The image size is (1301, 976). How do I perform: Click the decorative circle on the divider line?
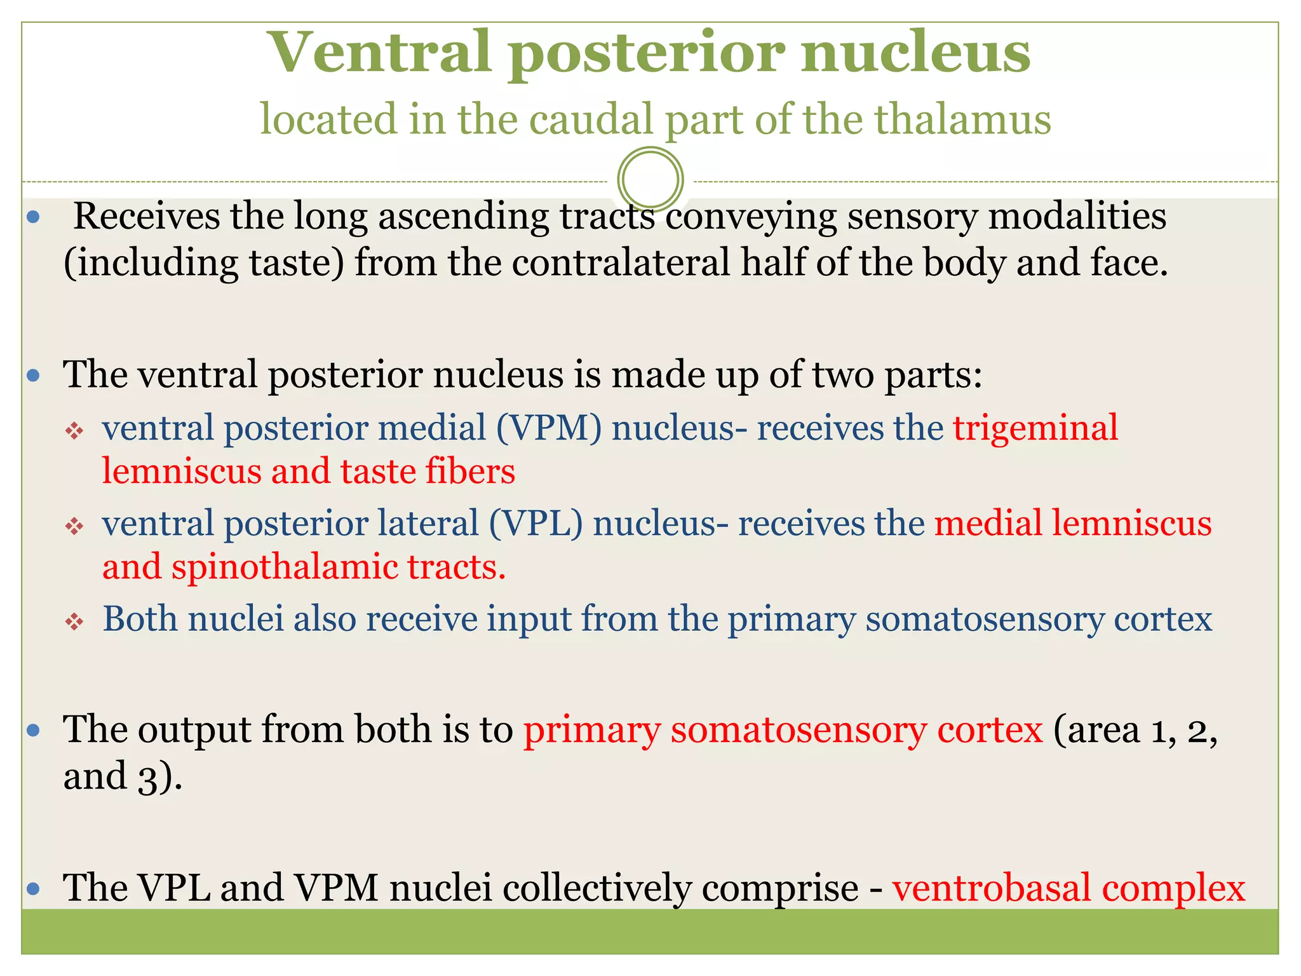tap(650, 179)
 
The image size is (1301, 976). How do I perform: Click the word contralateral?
tap(621, 263)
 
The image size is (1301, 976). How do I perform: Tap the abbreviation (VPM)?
tap(549, 428)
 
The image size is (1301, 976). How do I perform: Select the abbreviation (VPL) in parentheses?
tap(536, 524)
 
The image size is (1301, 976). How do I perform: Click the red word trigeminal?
tap(1035, 428)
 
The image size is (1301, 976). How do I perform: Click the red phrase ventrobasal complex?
tap(1068, 888)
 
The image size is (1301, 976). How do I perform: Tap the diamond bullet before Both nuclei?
tap(75, 621)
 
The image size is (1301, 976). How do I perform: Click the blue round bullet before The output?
tap(34, 731)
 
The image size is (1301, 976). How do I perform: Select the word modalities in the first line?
tap(1077, 217)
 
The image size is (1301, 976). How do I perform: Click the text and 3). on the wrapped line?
tap(123, 776)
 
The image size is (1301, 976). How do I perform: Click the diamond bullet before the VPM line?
tap(75, 431)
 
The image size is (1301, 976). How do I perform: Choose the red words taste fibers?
tap(428, 472)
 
